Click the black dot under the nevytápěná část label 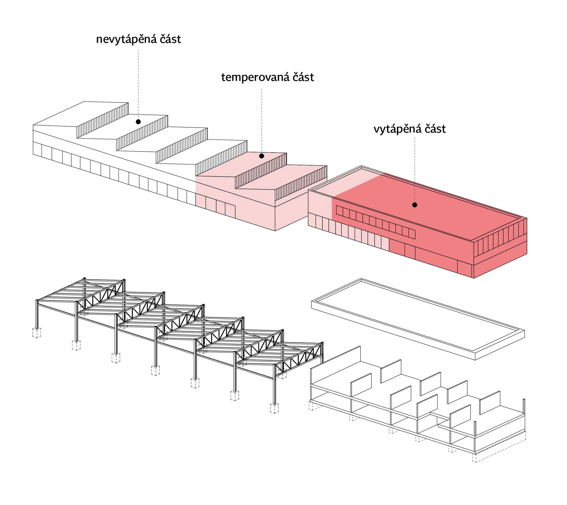point(138,122)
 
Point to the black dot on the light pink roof point(261,156)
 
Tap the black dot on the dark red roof point(414,205)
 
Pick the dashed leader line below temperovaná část point(261,121)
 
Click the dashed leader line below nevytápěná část point(138,85)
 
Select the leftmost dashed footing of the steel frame point(37,332)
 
